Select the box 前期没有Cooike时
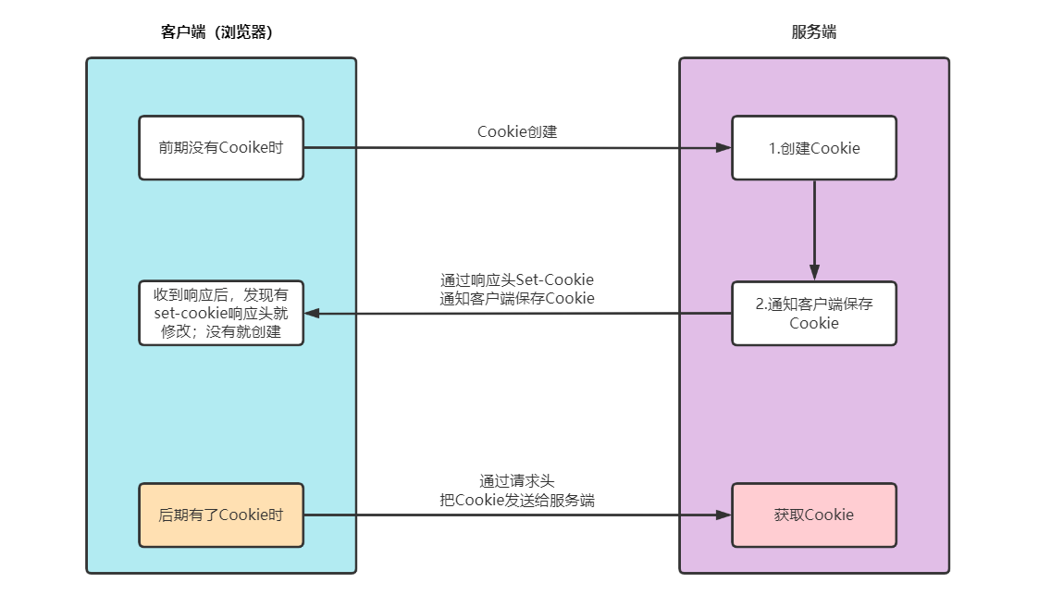[221, 148]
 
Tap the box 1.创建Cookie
[814, 148]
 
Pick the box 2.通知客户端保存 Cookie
[814, 314]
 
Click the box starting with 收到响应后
[221, 314]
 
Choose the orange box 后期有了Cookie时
[221, 515]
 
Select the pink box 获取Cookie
[814, 515]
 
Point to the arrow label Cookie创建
[517, 131]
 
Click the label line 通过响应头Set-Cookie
[517, 279]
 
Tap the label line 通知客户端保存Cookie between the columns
[517, 298]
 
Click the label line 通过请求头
[517, 481]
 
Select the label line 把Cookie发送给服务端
[517, 500]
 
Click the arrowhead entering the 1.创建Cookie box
[724, 148]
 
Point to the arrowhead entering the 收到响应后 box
[313, 314]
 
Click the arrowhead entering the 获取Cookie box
[724, 515]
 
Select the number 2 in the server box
[760, 304]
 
